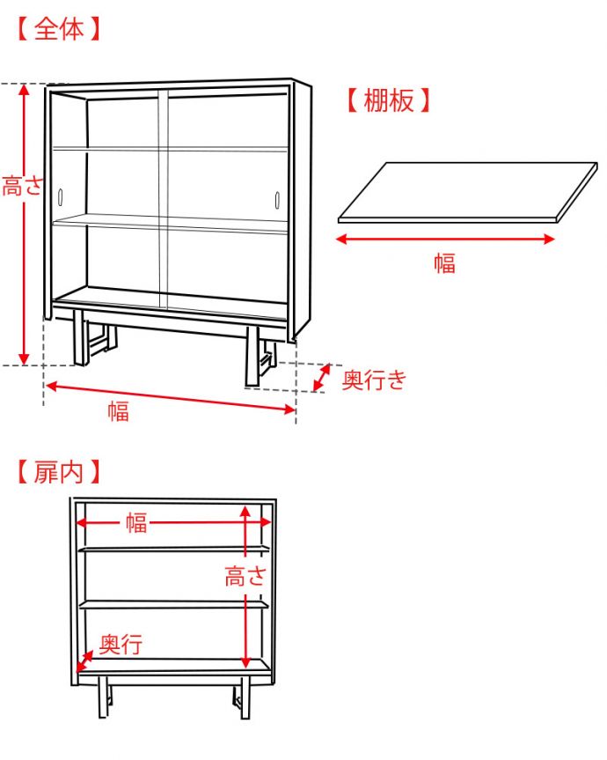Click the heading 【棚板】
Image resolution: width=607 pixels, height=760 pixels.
coord(388,100)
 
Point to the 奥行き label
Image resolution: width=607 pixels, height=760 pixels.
coord(374,380)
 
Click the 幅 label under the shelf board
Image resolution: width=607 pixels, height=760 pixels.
coord(445,262)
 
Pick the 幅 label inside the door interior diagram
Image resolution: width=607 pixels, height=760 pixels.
coord(135,523)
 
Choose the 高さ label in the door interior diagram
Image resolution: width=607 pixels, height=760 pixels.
coord(245,577)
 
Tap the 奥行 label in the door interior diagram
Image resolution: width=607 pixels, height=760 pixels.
coord(121,645)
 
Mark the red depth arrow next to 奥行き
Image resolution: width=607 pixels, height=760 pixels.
coord(323,378)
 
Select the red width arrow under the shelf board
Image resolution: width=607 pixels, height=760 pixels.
coord(447,239)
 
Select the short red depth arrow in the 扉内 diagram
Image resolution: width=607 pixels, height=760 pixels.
coord(85,660)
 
